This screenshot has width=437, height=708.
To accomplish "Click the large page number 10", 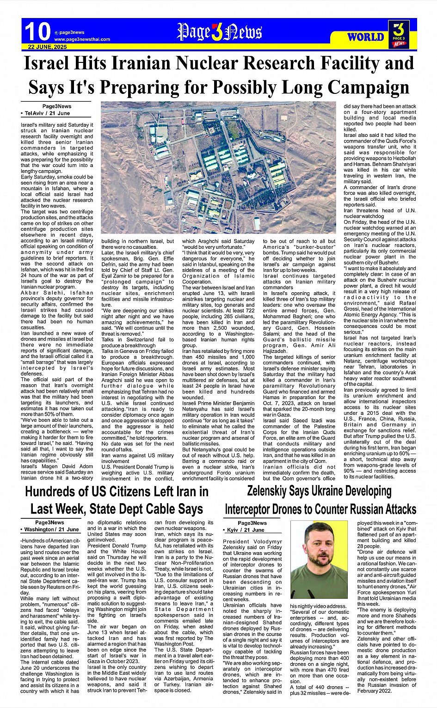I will coord(37,31).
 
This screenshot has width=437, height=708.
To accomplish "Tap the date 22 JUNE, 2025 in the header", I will coord(47,47).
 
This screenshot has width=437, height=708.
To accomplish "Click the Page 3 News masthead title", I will coord(219,32).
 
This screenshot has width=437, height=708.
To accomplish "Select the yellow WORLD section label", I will coord(365,37).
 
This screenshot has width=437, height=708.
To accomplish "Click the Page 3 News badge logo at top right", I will coord(399,34).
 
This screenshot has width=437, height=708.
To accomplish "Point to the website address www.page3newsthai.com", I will coord(82,39).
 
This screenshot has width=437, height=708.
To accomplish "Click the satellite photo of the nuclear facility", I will coord(220,169).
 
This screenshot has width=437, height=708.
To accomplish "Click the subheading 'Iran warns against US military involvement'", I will coord(138,458).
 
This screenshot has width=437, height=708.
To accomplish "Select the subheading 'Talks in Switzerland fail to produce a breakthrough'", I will coord(138,343).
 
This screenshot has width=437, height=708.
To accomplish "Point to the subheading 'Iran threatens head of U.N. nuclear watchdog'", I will coord(379,213).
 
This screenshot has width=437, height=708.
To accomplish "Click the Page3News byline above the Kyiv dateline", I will coord(252,523).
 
